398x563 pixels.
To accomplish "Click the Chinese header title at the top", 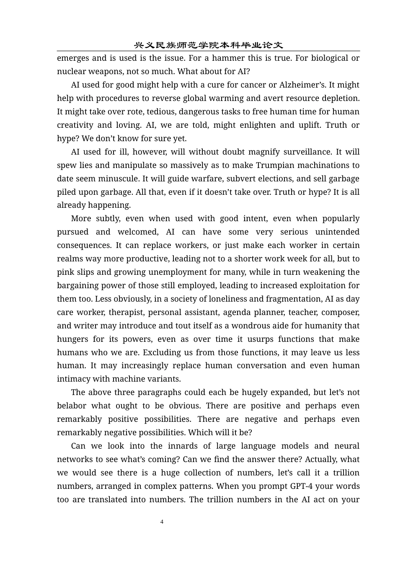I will [x=208, y=45].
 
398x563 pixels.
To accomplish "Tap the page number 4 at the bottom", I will [x=162, y=522].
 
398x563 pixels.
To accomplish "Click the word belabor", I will [x=72, y=406].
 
